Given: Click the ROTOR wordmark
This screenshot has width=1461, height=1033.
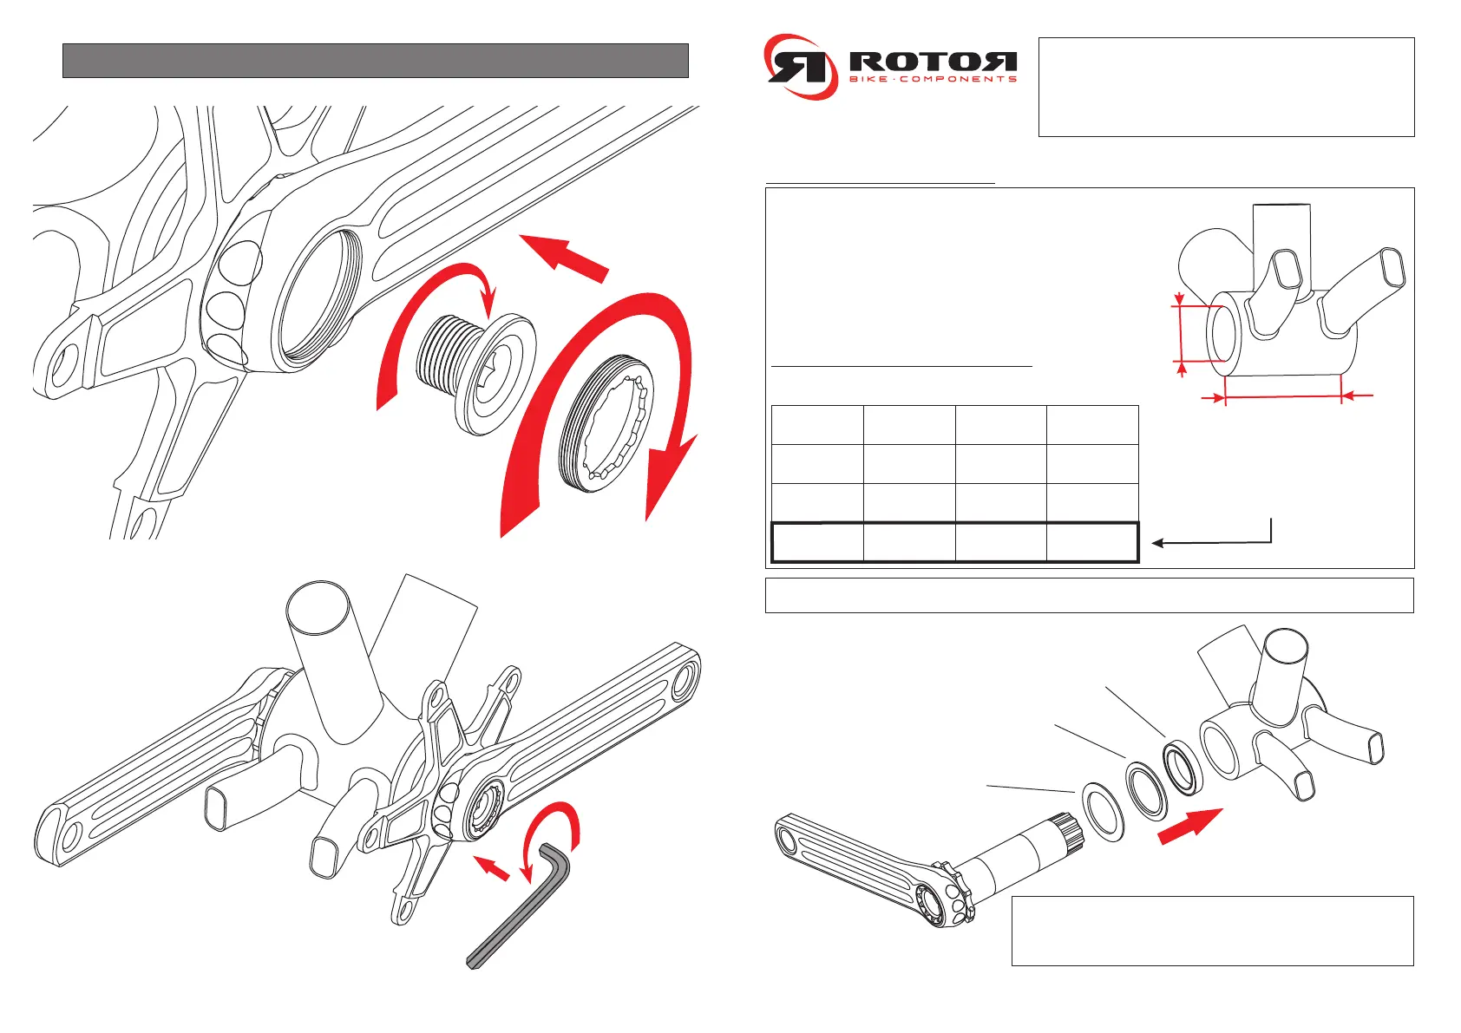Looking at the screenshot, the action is click(932, 62).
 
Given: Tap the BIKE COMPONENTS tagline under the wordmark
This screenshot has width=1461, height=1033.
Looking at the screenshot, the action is click(932, 80).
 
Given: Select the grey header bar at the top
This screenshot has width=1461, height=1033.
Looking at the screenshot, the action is click(375, 61).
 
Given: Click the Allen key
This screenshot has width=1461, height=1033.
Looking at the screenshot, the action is click(521, 911).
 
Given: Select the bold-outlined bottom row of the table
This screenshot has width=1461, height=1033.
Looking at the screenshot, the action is click(954, 543).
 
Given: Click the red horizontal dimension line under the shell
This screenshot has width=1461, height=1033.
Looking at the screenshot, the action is click(1284, 397).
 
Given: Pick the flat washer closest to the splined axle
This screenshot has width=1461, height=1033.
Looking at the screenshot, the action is click(1102, 814).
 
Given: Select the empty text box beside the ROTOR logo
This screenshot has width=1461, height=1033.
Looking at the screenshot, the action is click(1226, 87).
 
